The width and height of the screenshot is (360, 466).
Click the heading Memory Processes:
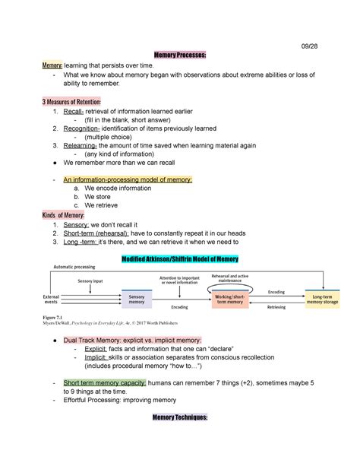pos(179,55)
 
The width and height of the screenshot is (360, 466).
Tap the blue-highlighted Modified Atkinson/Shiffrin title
pos(179,258)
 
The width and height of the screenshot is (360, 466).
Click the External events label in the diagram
pos(55,299)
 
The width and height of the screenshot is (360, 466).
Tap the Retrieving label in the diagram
pos(276,308)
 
